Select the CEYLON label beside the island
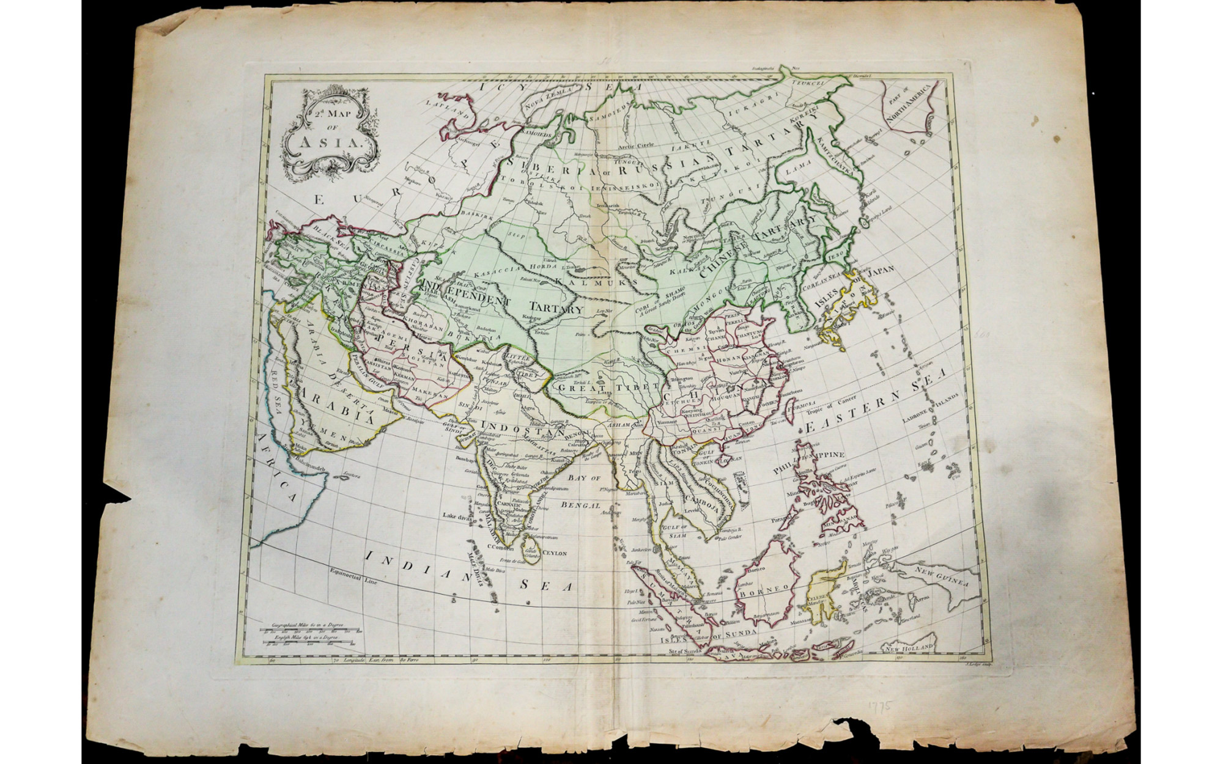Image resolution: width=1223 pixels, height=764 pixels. tap(554, 553)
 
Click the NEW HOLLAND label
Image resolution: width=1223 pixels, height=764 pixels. tap(911, 647)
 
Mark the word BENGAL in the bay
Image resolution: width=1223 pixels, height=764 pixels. tap(585, 506)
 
